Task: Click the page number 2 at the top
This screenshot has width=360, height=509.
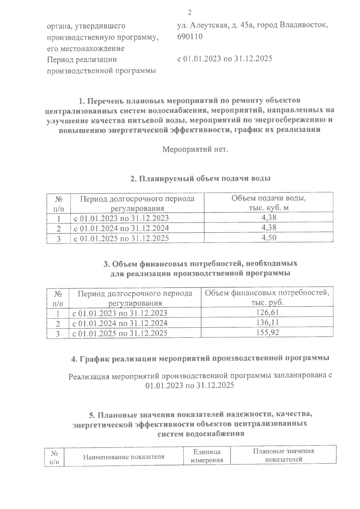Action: point(189,12)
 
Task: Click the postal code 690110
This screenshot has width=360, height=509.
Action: point(190,37)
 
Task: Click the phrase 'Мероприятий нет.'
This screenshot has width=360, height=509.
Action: point(195,149)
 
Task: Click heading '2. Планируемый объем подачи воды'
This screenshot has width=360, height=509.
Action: point(200,179)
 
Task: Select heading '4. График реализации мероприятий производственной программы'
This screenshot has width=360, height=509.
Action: point(200,358)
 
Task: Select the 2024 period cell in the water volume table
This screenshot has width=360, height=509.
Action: point(121,228)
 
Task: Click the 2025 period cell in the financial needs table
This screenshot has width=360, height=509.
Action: point(120,333)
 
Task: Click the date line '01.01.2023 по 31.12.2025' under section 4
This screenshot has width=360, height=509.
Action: point(189,385)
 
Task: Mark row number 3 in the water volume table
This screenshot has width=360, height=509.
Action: point(59,239)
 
